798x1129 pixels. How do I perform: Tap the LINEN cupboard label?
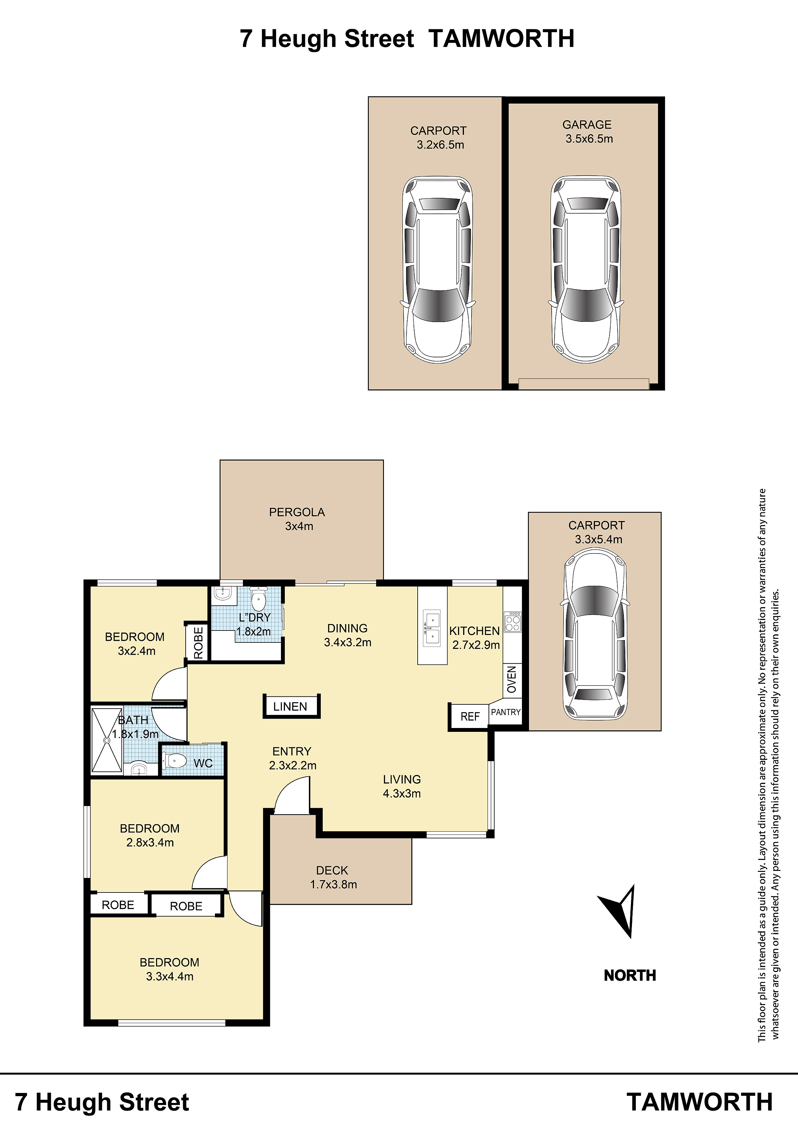pos(290,707)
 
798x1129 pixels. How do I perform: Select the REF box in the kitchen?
pos(469,716)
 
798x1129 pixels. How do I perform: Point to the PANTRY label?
pos(506,712)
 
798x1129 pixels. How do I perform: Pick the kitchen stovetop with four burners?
pos(512,621)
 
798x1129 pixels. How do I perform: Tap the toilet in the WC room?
pos(174,762)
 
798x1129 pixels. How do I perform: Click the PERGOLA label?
pos(297,512)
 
